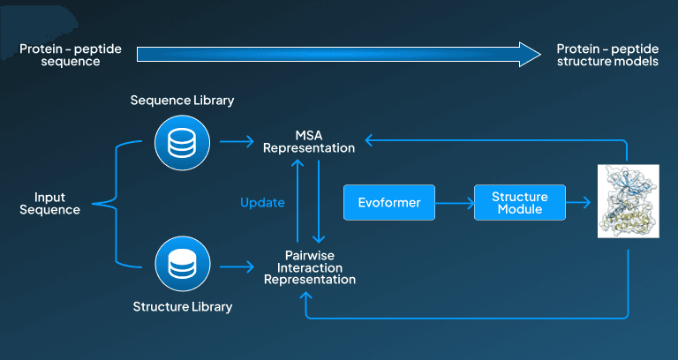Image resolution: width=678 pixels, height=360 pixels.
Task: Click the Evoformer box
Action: tap(389, 202)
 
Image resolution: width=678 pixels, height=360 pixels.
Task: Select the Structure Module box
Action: tap(520, 202)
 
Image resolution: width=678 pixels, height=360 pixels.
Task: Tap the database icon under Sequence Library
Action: tap(182, 142)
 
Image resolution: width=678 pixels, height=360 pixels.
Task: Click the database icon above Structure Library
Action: tap(182, 264)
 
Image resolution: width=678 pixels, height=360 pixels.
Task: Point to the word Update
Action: tap(262, 202)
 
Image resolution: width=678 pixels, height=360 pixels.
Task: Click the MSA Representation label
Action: tap(309, 141)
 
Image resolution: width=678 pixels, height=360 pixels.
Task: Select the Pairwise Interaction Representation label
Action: tap(310, 267)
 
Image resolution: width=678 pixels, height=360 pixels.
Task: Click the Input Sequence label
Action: tap(49, 204)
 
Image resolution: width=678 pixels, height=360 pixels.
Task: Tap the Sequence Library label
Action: tap(182, 101)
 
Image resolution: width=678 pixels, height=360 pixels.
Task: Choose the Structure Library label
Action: tap(183, 307)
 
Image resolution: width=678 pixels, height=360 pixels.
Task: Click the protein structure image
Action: tap(629, 201)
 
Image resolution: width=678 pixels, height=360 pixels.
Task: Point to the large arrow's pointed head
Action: tap(540, 55)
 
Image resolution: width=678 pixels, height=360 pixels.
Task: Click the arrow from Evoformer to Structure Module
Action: tap(455, 203)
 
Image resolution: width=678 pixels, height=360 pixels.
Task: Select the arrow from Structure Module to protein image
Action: tap(578, 203)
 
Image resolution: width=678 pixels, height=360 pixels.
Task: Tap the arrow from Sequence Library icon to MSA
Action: tap(237, 141)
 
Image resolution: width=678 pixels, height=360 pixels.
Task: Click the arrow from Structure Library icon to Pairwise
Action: tap(237, 266)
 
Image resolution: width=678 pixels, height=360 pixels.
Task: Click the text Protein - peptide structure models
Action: tap(607, 55)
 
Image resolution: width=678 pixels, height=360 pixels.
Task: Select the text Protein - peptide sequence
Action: tap(71, 55)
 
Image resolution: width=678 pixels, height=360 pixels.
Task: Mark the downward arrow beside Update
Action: tap(319, 201)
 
